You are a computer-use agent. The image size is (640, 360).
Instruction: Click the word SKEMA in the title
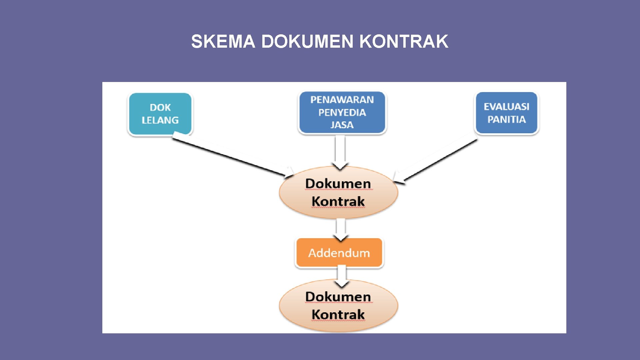click(x=223, y=42)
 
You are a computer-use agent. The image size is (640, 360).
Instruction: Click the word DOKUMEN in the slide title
click(x=307, y=42)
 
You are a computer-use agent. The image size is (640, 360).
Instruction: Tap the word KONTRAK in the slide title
click(x=404, y=42)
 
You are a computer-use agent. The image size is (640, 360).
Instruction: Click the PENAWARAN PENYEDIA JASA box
click(x=342, y=112)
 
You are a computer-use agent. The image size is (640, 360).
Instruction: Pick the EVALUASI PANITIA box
click(x=506, y=113)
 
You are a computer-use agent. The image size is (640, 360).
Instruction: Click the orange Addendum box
click(x=339, y=253)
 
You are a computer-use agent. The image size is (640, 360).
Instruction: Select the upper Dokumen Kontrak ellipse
click(x=338, y=192)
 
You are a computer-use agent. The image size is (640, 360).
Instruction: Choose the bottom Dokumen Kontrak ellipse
click(x=338, y=305)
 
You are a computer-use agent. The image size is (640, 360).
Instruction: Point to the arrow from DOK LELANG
click(x=230, y=155)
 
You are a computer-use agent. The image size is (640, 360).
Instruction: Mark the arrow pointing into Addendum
click(x=341, y=229)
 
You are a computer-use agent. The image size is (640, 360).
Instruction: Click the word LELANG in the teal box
click(x=160, y=120)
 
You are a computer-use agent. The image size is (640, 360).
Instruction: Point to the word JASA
click(x=342, y=125)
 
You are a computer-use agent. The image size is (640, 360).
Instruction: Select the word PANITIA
click(x=506, y=119)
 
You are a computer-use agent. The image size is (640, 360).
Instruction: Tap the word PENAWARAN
click(x=342, y=100)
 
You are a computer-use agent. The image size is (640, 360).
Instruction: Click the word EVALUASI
click(x=506, y=107)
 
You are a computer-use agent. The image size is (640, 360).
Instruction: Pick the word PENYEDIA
click(x=342, y=113)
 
